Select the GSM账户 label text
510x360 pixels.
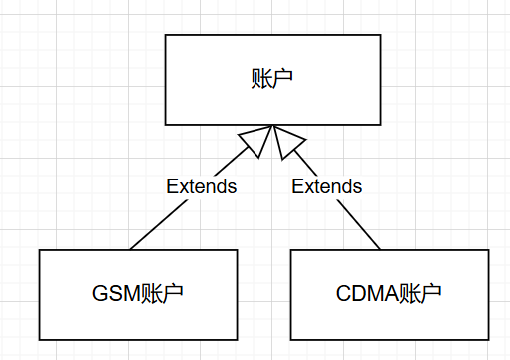pyautogui.click(x=137, y=294)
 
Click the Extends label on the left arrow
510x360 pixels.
pyautogui.click(x=201, y=186)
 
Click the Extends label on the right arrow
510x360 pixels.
pyautogui.click(x=327, y=186)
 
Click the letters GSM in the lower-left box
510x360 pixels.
pyautogui.click(x=116, y=294)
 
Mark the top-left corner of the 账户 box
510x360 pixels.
pyautogui.click(x=166, y=36)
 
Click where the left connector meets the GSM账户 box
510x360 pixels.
pyautogui.click(x=129, y=249)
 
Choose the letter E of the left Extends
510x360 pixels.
pyautogui.click(x=171, y=186)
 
